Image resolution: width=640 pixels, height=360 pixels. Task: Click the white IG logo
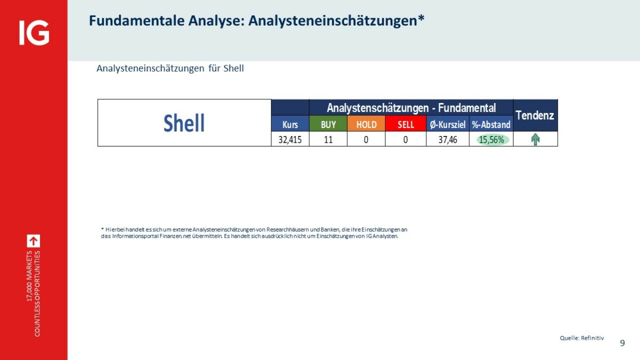point(34,33)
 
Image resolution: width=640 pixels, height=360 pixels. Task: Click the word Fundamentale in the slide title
point(137,21)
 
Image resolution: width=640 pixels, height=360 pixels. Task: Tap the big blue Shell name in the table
point(184,123)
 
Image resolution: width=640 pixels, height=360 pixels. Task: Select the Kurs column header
point(290,125)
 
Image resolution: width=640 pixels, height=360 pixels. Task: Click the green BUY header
point(329,125)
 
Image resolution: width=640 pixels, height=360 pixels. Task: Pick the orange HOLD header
point(366,125)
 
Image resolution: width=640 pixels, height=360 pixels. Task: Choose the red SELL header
point(406,125)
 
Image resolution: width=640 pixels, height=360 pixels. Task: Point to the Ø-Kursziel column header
point(447,125)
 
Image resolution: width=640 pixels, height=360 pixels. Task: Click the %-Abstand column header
point(491,125)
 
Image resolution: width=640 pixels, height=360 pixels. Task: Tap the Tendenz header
point(535,115)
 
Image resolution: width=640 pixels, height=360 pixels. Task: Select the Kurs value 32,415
point(290,140)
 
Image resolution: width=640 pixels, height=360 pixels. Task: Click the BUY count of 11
point(329,140)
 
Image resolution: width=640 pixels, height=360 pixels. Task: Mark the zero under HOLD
point(366,140)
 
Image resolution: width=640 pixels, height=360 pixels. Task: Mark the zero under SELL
point(405,140)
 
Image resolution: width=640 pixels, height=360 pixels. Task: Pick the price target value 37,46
point(447,140)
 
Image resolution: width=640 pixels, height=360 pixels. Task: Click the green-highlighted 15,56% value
point(491,140)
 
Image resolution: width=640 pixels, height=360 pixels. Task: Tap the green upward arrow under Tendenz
point(535,139)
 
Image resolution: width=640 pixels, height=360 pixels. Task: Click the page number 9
point(622,343)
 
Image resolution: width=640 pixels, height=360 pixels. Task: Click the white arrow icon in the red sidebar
point(34,241)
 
